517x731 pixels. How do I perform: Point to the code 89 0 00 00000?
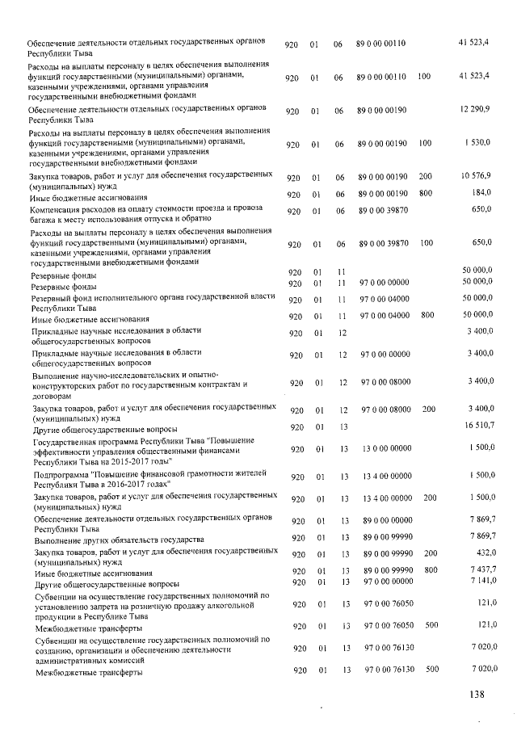click(385, 522)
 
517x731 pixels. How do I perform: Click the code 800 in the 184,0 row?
click(425, 192)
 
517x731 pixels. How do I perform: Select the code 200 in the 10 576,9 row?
click(425, 176)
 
